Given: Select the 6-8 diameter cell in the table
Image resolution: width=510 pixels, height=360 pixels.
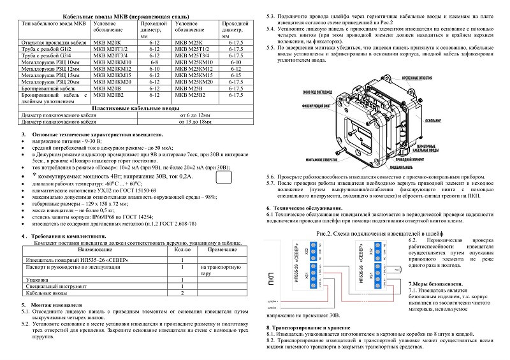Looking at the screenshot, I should (x=154, y=62).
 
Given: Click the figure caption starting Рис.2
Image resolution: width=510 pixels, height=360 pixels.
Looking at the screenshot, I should (x=370, y=234).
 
